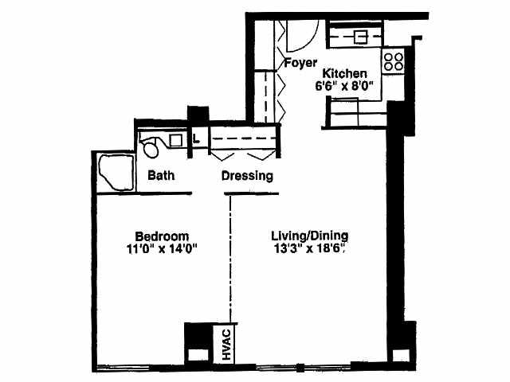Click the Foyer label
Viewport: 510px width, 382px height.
[300, 63]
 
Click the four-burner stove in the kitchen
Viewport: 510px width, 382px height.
[393, 61]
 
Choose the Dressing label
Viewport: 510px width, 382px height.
[247, 176]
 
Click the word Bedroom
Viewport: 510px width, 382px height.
[161, 236]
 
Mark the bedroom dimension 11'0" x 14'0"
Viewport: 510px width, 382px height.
[161, 248]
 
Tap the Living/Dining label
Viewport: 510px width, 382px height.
[310, 236]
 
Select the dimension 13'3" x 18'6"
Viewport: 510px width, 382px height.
[310, 248]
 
